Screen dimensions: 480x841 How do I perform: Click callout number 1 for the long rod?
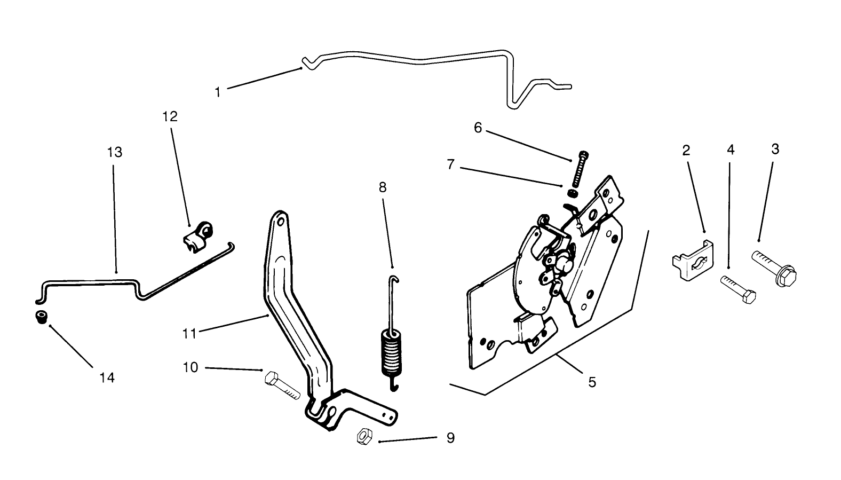click(x=217, y=92)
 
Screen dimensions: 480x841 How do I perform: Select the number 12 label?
click(x=170, y=116)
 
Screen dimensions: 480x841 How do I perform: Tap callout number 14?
click(x=107, y=378)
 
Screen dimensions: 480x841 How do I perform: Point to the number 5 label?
click(x=592, y=382)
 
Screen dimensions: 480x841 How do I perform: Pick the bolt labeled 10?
click(x=281, y=387)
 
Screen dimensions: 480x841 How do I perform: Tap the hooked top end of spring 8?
click(x=394, y=278)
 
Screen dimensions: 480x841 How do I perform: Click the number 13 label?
click(x=114, y=153)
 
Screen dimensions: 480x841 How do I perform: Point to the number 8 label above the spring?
click(x=382, y=188)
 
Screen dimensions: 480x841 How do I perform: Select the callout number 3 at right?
click(x=775, y=149)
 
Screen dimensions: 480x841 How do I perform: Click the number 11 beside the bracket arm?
click(x=189, y=334)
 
